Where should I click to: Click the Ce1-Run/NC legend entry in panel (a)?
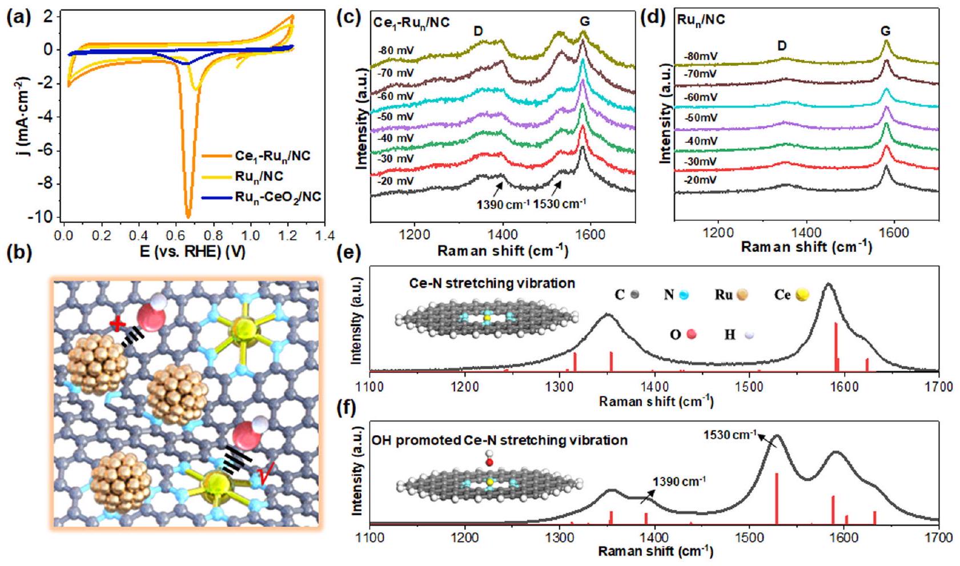point(273,155)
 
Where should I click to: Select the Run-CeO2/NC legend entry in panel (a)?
point(278,197)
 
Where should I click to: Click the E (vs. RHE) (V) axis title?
point(192,251)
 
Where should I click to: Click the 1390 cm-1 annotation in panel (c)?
point(503,204)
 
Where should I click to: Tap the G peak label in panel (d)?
point(885,31)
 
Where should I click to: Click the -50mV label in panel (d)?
point(701,118)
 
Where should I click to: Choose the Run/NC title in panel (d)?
point(701,19)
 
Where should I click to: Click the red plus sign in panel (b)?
point(118,324)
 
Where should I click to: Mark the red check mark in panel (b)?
point(264,473)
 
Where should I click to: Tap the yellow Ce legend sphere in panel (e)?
point(803,295)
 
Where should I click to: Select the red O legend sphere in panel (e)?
point(692,334)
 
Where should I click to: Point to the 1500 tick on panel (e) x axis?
point(749,387)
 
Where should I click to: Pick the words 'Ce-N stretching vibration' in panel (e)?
point(492,283)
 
